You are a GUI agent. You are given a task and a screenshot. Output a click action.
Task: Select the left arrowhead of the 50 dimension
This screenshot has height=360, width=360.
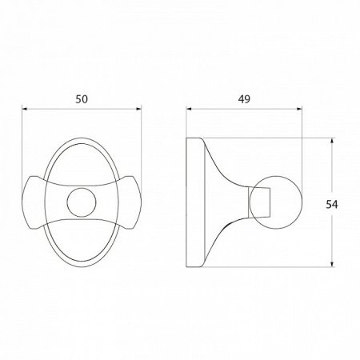click(24, 110)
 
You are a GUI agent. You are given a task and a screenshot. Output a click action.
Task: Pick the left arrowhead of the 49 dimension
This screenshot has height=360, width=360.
click(188, 110)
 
